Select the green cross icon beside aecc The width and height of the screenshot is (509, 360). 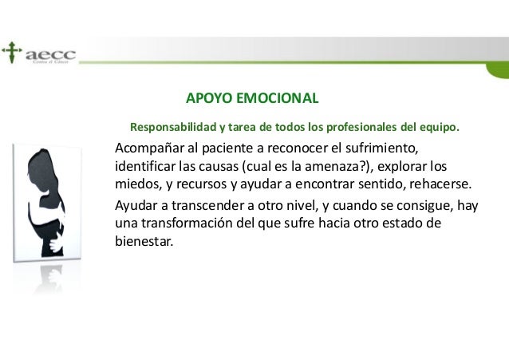point(11,53)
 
